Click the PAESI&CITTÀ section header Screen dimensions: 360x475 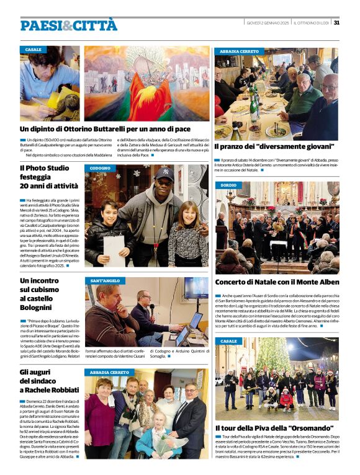tap(68, 25)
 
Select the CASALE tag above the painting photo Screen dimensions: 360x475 tap(34, 49)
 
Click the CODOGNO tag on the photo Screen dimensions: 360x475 tap(100, 168)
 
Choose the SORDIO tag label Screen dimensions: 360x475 tap(228, 185)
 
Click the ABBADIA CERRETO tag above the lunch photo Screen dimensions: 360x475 tap(239, 51)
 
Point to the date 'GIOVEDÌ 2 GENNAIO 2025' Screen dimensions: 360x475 tap(268, 23)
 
